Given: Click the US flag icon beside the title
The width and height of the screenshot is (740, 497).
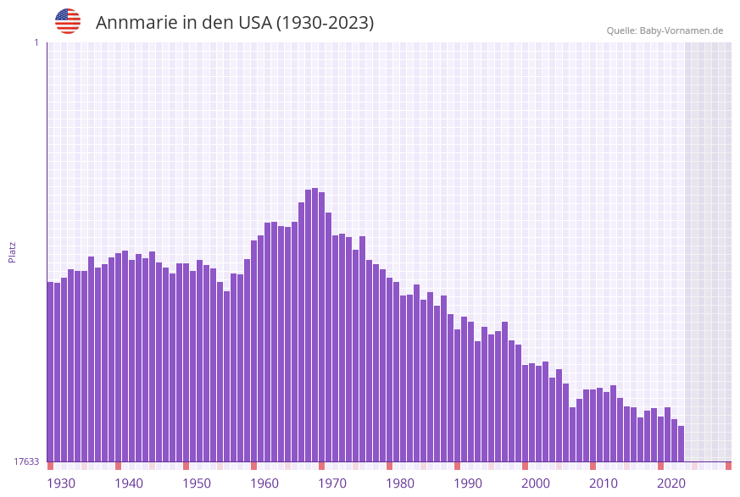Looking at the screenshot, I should tap(68, 21).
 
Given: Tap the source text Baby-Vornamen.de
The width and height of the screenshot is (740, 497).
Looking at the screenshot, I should tap(682, 30).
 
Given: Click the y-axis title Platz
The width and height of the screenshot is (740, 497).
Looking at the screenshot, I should tap(13, 251).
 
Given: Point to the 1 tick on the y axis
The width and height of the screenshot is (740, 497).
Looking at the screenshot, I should tap(36, 42).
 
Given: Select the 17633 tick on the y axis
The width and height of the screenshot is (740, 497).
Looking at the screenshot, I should tap(26, 461).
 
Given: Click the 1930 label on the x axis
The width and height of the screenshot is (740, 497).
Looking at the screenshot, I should tap(61, 483).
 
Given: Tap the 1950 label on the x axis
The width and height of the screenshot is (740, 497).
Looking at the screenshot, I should tap(197, 483).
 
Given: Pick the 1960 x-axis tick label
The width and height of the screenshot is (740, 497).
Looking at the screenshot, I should tap(264, 483).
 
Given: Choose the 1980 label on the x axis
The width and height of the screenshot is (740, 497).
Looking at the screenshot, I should tap(400, 483).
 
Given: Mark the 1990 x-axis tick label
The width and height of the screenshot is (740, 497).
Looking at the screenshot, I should tap(468, 483).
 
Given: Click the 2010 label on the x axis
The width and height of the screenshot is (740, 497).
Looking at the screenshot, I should tap(604, 483).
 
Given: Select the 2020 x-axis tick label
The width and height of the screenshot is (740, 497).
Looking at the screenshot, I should tap(671, 483).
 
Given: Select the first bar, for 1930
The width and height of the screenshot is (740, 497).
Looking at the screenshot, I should tap(51, 373).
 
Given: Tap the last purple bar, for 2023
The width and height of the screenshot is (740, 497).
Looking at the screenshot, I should tap(681, 444).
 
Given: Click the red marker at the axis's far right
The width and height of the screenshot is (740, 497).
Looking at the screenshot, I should tap(728, 466).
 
